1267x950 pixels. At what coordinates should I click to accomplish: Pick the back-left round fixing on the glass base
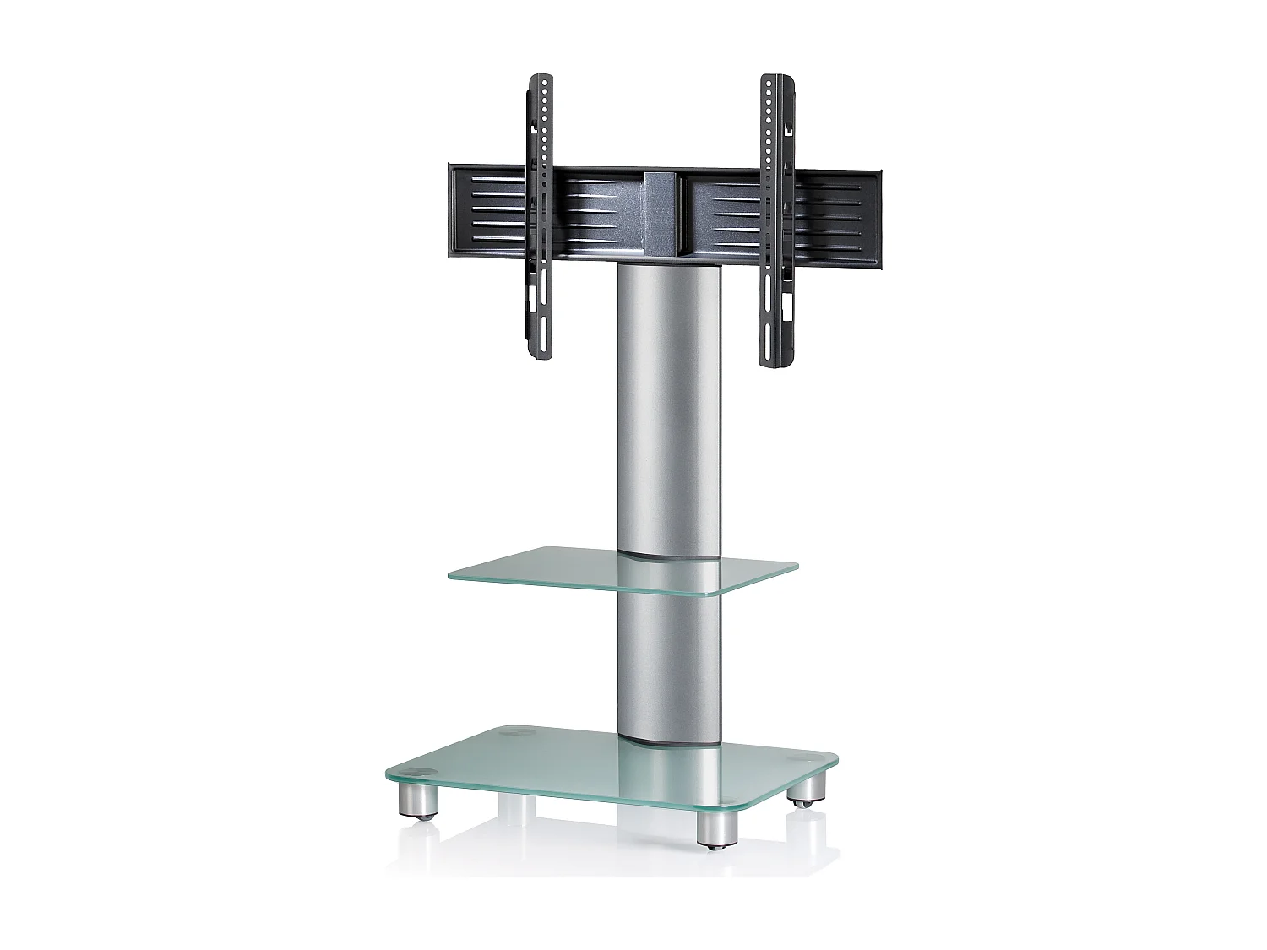click(x=511, y=735)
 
